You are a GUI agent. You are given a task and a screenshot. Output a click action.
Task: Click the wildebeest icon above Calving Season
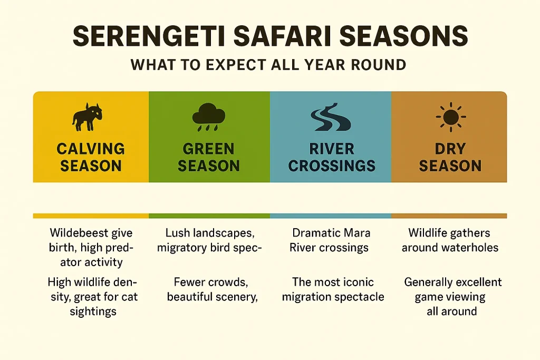click(x=88, y=117)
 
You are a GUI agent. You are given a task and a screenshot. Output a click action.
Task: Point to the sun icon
click(x=449, y=117)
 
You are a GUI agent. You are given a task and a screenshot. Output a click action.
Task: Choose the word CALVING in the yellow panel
click(x=91, y=149)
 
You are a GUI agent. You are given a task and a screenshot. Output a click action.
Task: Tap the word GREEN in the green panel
click(x=209, y=149)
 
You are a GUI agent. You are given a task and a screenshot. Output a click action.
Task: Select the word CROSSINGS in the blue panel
click(x=332, y=166)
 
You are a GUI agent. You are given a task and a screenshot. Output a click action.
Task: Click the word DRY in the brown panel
click(x=450, y=149)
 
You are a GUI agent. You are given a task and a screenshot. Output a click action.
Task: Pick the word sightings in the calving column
click(x=92, y=312)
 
